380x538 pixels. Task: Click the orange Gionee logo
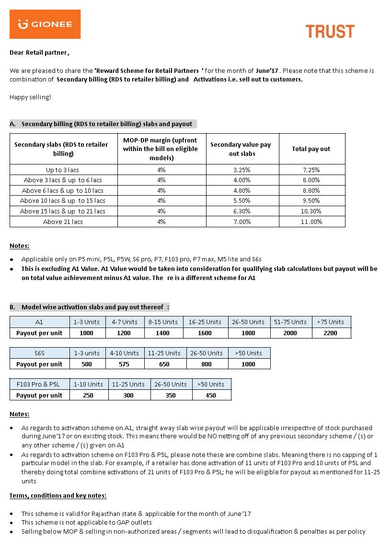45,24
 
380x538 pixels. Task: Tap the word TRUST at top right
330,32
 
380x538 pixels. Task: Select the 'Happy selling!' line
30,97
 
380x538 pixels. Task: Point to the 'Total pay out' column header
311,149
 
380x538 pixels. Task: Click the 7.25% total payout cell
311,170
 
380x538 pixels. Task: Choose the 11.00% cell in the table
311,222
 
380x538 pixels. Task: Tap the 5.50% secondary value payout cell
242,201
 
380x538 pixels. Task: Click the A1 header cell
39,322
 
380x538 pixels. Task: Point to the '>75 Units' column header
330,322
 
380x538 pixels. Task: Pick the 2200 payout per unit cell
330,333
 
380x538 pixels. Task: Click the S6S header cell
39,353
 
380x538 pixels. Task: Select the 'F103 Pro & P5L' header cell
39,384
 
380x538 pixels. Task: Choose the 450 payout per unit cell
210,396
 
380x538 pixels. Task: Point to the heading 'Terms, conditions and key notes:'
58,496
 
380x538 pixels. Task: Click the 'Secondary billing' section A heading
103,124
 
